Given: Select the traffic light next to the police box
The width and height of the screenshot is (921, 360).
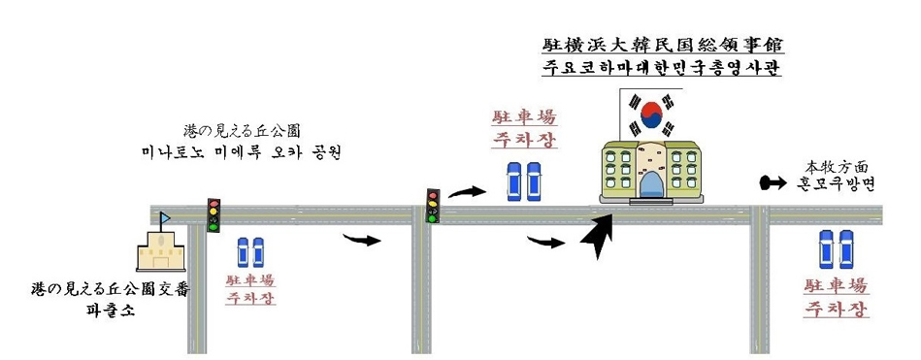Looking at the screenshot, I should [x=214, y=214].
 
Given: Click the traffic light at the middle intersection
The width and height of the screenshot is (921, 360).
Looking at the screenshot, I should [x=433, y=205].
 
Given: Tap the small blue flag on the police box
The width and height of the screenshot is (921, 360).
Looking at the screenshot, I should [x=165, y=218].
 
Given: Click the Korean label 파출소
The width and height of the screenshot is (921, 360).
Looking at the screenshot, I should [x=106, y=311].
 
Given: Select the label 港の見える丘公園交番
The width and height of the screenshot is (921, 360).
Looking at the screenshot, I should [x=111, y=289].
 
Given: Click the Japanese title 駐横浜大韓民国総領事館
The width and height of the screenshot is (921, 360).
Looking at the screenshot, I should [x=664, y=46].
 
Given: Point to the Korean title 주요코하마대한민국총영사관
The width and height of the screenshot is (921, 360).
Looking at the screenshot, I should [x=664, y=69].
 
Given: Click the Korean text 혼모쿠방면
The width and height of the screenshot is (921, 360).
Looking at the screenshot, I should [x=836, y=182].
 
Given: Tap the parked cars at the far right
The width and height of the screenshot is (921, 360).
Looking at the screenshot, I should [x=836, y=249].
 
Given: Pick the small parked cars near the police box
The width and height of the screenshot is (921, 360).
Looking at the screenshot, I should [x=251, y=252].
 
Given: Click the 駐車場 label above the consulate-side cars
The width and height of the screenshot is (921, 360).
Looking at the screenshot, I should [x=524, y=117].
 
